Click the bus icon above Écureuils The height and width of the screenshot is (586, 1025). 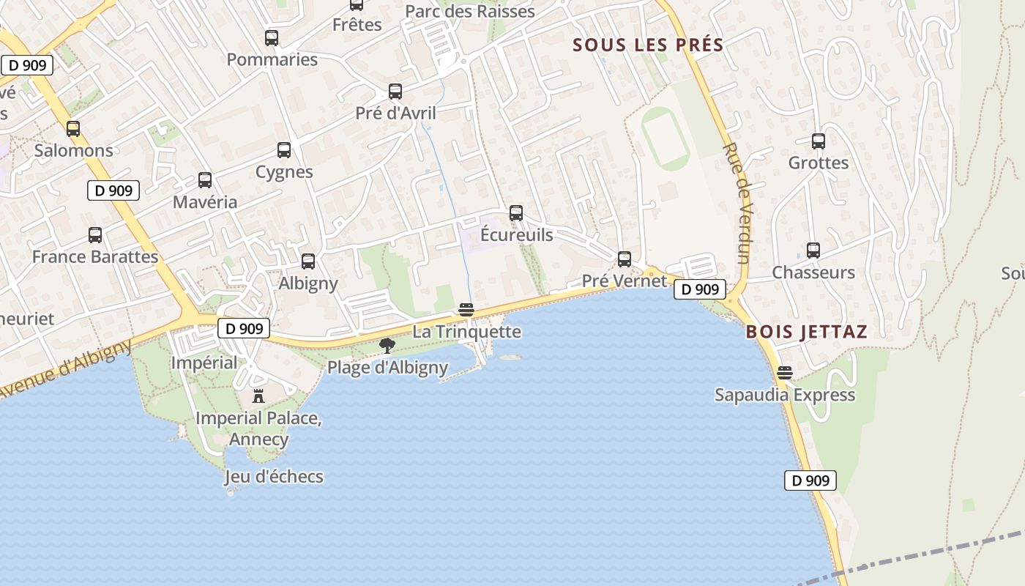coord(516,213)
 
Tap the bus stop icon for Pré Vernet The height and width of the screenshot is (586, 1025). coord(625,259)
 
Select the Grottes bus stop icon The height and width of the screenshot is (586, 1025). coord(819,141)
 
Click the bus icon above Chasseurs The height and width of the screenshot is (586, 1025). coord(813,251)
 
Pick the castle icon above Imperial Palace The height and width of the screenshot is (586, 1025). coord(258,396)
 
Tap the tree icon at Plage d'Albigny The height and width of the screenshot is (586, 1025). coord(387,346)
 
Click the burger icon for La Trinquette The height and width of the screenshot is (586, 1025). coord(466,310)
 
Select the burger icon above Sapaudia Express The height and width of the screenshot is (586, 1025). coord(785,373)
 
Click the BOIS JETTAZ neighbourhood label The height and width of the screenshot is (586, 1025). coord(806,332)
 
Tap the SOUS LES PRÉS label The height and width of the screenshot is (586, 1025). coord(648,45)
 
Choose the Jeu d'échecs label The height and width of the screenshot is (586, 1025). coord(274,477)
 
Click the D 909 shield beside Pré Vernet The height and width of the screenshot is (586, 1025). coord(700,289)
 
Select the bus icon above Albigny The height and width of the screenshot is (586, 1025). coord(308,262)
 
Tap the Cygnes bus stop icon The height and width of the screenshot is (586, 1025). coord(284,150)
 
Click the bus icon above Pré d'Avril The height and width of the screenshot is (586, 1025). coord(395,92)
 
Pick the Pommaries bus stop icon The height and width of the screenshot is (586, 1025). coord(272,38)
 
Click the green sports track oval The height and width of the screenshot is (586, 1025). coord(666,138)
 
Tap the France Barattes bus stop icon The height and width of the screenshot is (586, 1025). coord(95,235)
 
